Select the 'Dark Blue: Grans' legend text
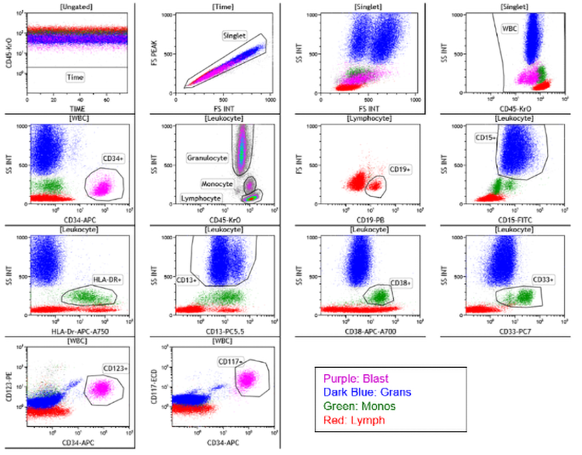coord(368,392)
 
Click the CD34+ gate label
coord(114,158)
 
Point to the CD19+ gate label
coord(400,170)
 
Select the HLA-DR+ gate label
coord(105,279)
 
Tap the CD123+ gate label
coord(116,368)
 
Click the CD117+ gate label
coord(230,361)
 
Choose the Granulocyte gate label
coord(206,157)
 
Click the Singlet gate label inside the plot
coord(235,35)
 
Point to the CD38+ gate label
coord(401,282)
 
